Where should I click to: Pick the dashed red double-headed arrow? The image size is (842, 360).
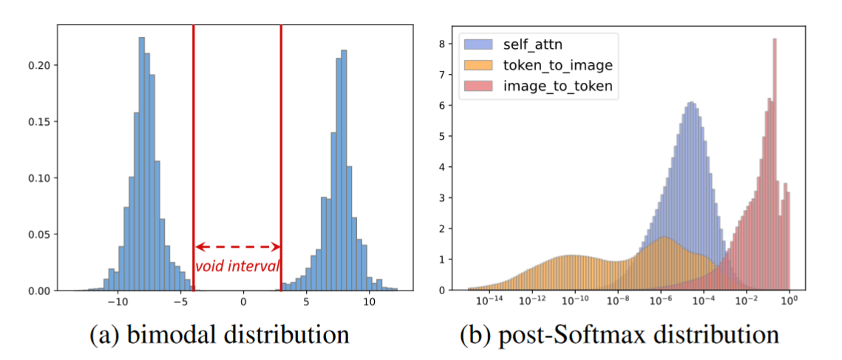pyautogui.click(x=237, y=247)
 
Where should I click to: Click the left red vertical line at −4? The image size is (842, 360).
pyautogui.click(x=193, y=148)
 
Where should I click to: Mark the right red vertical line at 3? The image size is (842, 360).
pyautogui.click(x=281, y=148)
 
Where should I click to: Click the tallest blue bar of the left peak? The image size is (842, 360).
pyautogui.click(x=141, y=163)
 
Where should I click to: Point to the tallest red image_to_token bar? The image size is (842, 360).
pyautogui.click(x=774, y=163)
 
